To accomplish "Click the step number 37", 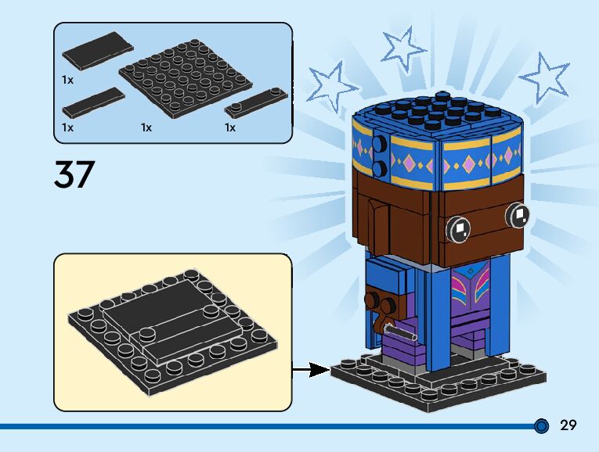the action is (74, 174).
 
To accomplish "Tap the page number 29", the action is (568, 425).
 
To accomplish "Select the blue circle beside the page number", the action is (541, 426).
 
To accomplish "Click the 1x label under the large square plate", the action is (146, 127).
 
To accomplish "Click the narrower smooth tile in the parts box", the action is (92, 101).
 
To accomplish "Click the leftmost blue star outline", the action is (332, 83).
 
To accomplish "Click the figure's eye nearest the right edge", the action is (518, 213).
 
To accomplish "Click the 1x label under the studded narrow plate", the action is (230, 127).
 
